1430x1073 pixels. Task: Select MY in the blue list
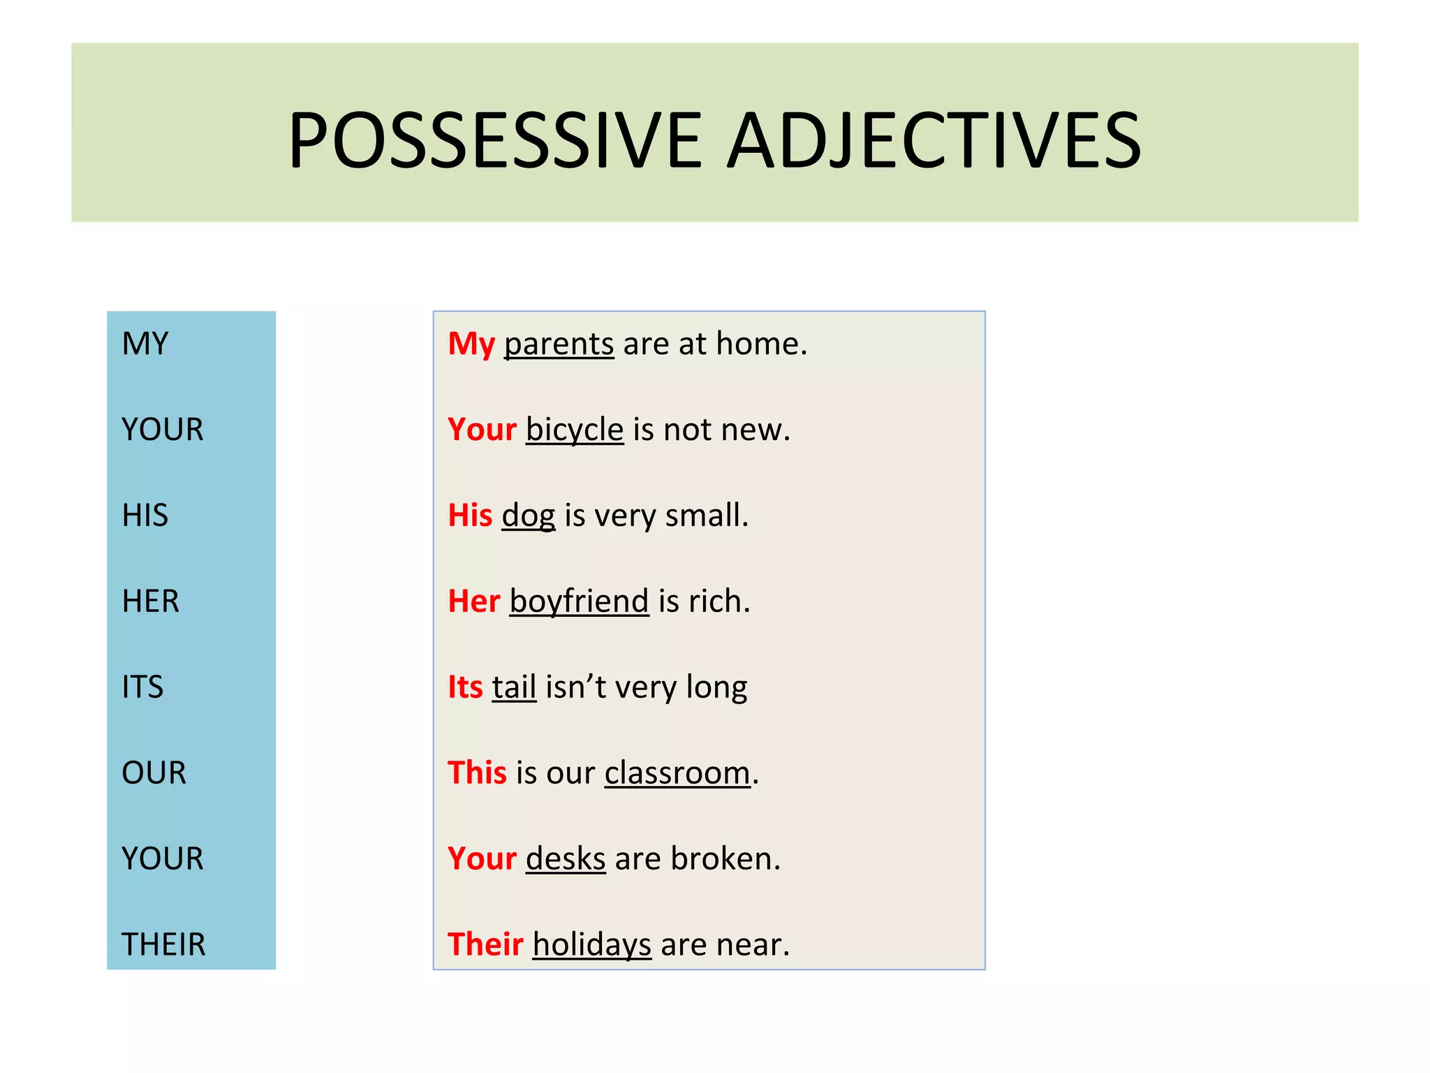click(145, 344)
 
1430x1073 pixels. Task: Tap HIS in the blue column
click(145, 516)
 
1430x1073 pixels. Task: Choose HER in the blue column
click(150, 601)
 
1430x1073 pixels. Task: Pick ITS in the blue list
click(142, 687)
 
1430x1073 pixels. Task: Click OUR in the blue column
click(154, 773)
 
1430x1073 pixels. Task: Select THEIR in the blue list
click(163, 944)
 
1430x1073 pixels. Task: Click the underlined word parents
click(559, 344)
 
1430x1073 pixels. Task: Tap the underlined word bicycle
click(574, 430)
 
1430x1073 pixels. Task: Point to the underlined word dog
click(529, 516)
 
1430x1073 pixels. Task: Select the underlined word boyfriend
click(579, 601)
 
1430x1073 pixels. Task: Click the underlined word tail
click(514, 687)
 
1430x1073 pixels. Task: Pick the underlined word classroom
click(677, 773)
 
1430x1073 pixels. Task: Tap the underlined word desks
click(565, 859)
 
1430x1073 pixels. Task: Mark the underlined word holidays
click(591, 944)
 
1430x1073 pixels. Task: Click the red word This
click(477, 773)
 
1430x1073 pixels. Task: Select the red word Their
click(485, 944)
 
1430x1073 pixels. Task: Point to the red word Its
click(465, 687)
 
